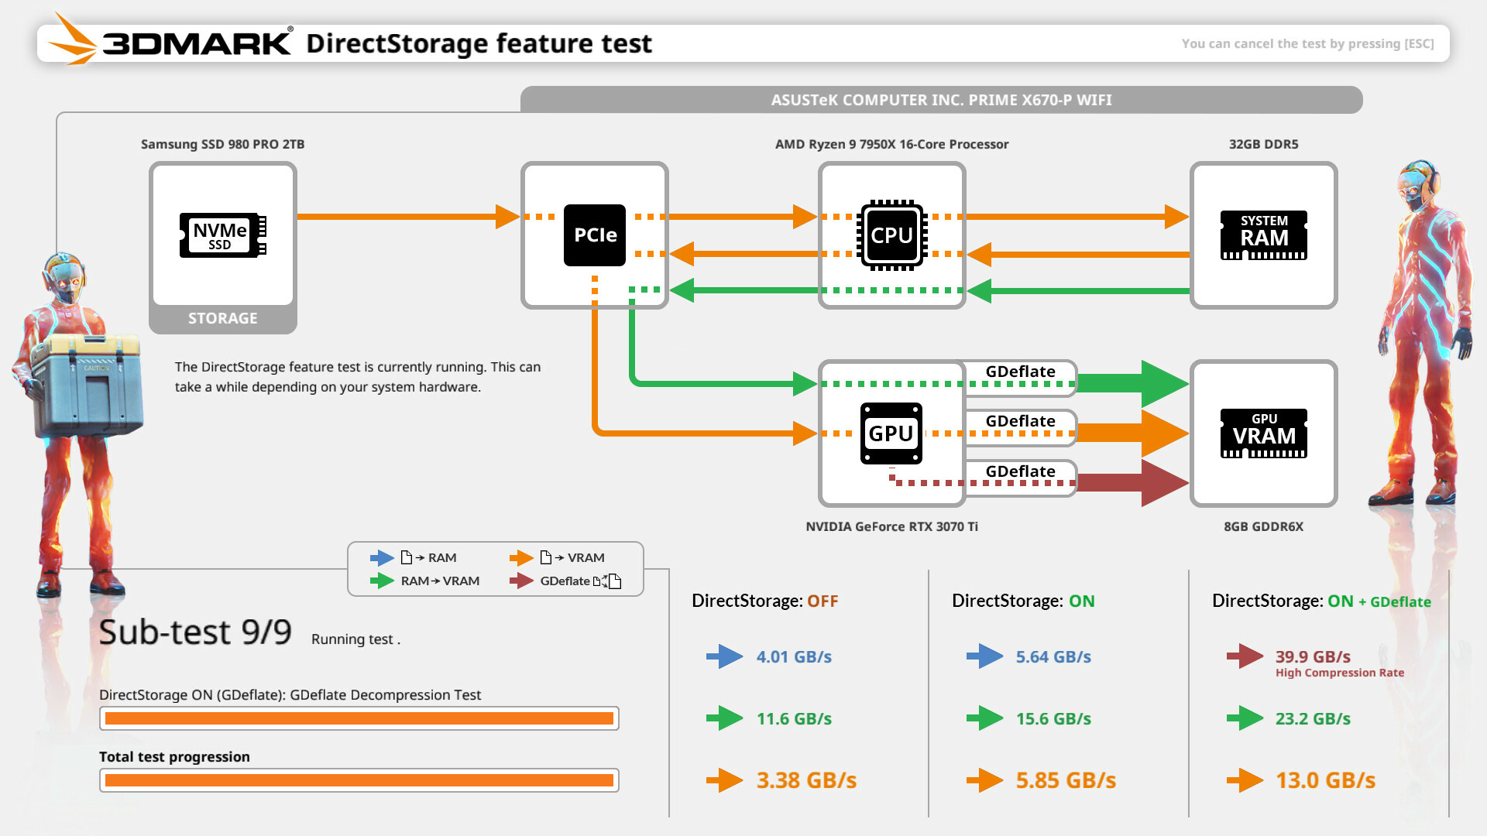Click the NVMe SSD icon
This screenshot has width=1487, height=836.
point(222,235)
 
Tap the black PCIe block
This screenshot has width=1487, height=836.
point(594,235)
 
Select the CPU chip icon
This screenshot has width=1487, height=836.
point(891,235)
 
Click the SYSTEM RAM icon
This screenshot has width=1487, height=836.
point(1263,235)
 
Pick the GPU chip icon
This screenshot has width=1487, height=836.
point(891,433)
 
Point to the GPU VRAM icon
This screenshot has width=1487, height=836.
point(1263,433)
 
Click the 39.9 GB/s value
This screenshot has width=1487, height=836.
point(1313,656)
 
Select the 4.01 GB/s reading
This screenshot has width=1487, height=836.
point(794,656)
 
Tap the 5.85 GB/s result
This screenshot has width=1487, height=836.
point(1066,780)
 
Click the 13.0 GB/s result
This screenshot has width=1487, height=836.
point(1325,780)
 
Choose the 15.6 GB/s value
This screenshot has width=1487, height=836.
point(1053,718)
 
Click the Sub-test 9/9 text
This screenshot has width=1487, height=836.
point(195,632)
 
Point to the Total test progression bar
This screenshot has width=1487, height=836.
point(359,780)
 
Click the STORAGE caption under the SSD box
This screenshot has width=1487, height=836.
point(222,318)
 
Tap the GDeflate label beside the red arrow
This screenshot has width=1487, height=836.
point(1020,471)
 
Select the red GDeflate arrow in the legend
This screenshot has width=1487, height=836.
point(521,581)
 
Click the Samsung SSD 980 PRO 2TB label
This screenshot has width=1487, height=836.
point(222,144)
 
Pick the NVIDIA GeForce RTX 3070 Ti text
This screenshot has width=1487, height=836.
point(891,526)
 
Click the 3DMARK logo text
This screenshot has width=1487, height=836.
point(197,43)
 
